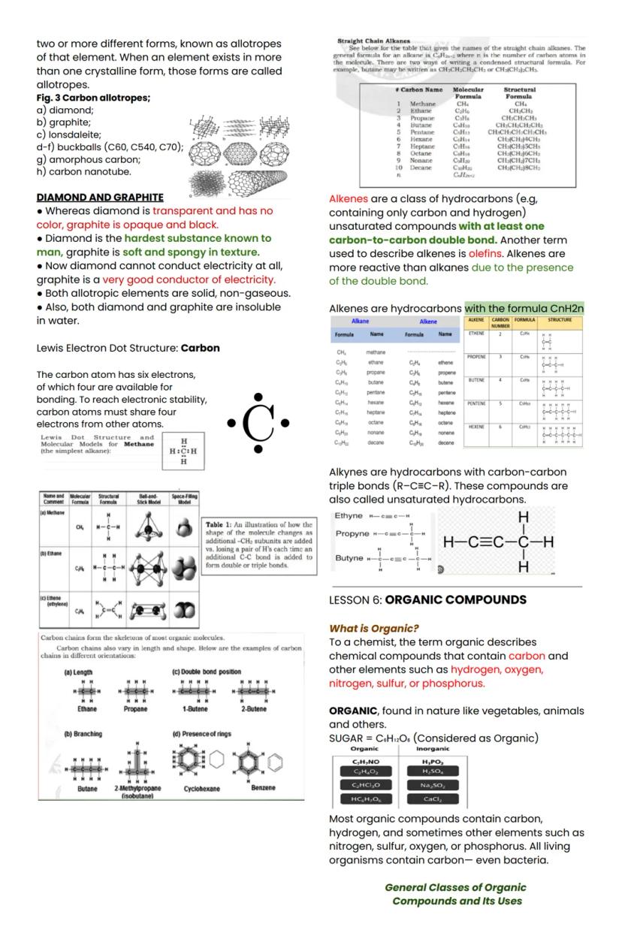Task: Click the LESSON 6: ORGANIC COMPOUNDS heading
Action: (427, 599)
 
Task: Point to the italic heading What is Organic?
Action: (374, 628)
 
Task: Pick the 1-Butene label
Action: (195, 708)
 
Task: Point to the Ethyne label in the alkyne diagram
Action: (349, 516)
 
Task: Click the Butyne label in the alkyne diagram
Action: (349, 559)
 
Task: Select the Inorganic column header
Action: (432, 748)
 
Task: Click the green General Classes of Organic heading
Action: (455, 887)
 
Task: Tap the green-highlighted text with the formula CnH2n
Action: (524, 308)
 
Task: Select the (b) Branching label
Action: (83, 733)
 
